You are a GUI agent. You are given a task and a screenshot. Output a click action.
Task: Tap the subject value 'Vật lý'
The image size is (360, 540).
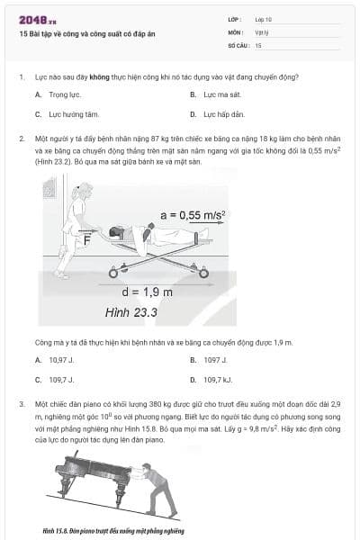point(263,31)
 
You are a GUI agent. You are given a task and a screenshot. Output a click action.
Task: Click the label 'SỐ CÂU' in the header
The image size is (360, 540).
point(238,44)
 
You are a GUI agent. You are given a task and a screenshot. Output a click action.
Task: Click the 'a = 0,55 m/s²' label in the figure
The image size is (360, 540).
point(192,214)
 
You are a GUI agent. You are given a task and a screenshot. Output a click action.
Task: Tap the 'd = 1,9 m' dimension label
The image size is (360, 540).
point(148,291)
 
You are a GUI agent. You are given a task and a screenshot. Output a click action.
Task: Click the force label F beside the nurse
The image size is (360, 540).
point(86,240)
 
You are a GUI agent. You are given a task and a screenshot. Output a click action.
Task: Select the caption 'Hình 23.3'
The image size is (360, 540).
point(131,311)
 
